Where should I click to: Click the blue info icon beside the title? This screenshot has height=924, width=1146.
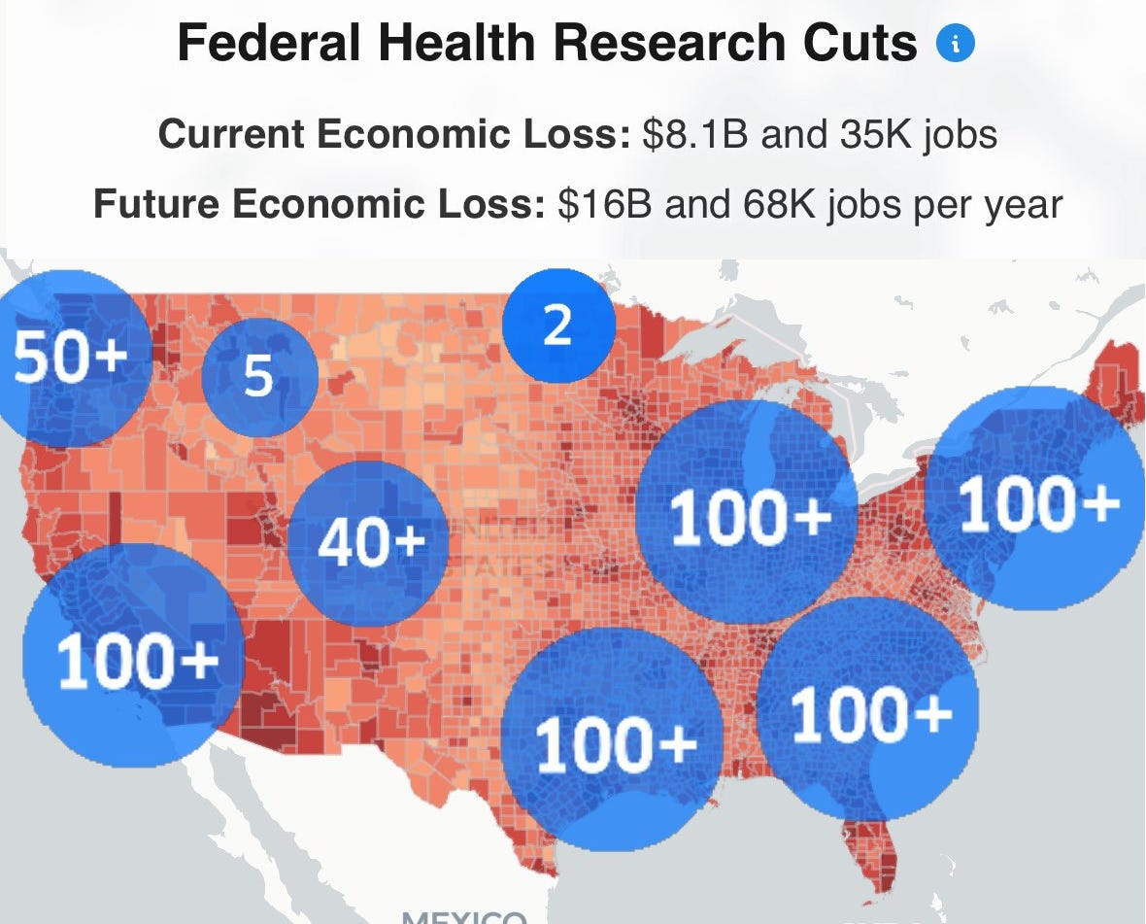956,44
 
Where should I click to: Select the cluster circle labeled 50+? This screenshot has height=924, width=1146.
70,358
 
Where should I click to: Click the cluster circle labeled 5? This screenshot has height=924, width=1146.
259,377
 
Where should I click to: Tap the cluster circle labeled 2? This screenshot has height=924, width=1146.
558,325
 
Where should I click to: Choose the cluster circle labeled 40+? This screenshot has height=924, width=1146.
370,542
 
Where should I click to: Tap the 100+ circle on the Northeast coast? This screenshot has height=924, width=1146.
1035,499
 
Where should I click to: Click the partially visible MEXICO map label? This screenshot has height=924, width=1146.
464,915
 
